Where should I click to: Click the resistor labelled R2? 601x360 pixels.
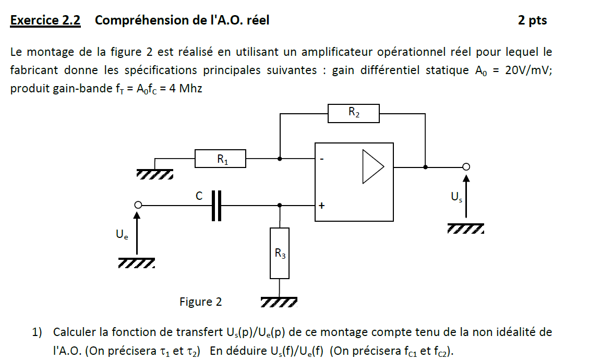coord(353,113)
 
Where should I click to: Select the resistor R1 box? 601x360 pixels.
coord(220,158)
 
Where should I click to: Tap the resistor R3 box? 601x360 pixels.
coord(280,253)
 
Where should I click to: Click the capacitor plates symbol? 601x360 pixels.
coord(217,206)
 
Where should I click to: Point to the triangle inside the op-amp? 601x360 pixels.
coord(372,167)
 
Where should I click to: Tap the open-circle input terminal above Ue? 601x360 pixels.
coord(138,205)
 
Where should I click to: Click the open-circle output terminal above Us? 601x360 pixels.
coord(466,167)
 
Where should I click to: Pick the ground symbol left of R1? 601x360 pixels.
coord(155,173)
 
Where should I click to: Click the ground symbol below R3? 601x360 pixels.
coord(279,302)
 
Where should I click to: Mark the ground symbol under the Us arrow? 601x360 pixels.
coord(465,229)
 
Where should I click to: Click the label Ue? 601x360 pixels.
coord(122,235)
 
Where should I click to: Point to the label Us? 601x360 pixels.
coord(456,197)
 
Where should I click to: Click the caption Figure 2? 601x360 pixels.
coord(200,302)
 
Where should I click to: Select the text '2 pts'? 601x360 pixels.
coord(532,20)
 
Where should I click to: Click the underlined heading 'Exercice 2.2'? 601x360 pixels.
coord(45,20)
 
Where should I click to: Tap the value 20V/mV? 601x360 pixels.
coord(528,70)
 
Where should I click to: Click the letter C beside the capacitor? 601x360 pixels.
coord(199,196)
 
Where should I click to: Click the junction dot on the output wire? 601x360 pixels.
coord(426,167)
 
